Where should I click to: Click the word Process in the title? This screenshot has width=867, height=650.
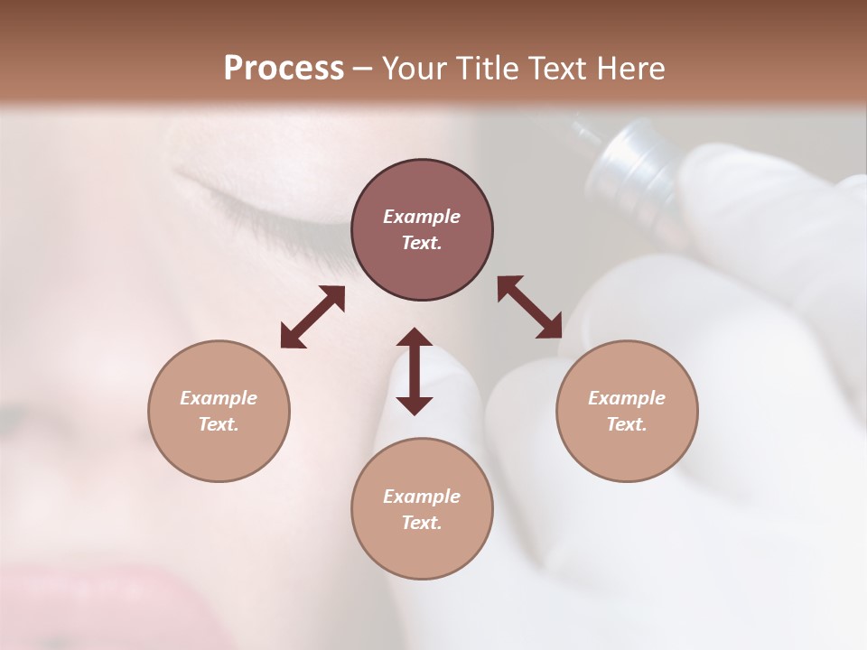284,69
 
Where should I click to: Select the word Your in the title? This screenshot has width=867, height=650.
416,69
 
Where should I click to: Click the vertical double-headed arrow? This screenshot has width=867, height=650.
415,371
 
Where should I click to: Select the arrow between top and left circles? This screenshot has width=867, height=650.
312,317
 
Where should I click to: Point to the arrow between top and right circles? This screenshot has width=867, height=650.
529,307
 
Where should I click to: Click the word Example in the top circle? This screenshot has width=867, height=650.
422,217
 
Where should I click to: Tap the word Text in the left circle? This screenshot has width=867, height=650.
219,424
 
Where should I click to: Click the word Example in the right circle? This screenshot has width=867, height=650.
627,398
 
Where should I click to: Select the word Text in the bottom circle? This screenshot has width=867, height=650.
422,523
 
